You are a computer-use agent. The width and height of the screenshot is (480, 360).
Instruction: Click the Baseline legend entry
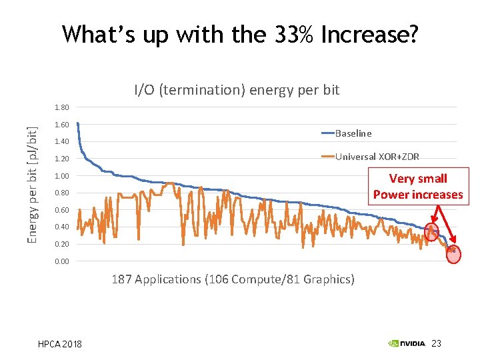(353, 133)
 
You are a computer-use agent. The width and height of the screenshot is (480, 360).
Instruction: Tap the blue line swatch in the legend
(327, 133)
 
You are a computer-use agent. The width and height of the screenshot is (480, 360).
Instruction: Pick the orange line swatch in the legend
(327, 157)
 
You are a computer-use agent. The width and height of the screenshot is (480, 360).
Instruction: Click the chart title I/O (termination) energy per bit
(237, 89)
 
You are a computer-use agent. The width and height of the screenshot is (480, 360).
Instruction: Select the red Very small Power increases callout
(418, 187)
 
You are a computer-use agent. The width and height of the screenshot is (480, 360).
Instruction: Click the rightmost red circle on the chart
(453, 254)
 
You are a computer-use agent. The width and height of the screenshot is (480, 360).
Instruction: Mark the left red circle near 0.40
(431, 232)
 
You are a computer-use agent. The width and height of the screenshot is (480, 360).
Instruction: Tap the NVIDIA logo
(407, 343)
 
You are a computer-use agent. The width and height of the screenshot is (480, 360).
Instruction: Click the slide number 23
(437, 343)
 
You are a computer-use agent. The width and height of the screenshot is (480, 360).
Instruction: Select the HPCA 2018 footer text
(60, 344)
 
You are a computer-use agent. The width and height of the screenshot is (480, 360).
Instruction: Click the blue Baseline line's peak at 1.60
(78, 123)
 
